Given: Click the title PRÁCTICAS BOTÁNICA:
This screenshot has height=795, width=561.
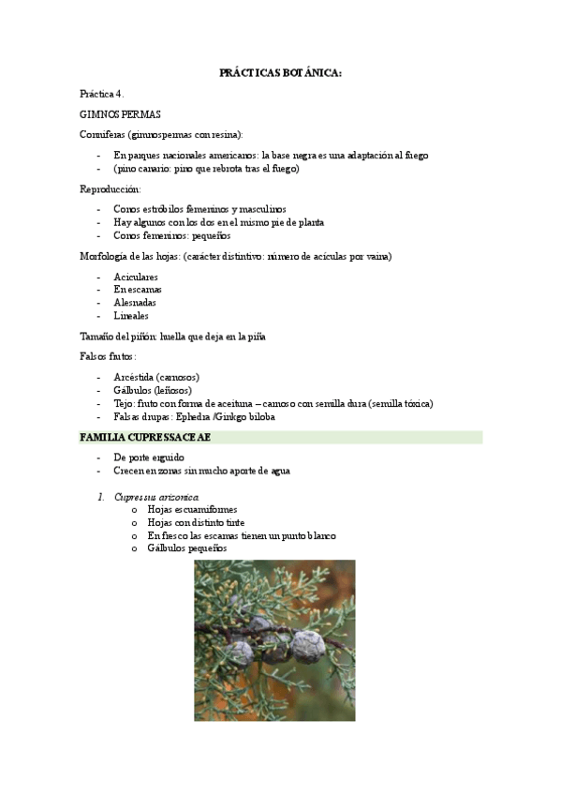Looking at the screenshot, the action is coord(280,72).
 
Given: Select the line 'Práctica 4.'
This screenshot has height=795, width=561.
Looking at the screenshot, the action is coord(102,94).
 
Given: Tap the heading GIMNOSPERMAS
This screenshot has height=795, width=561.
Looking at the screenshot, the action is coord(120,114).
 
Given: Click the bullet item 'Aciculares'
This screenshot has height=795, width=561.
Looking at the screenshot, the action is coord(136,277).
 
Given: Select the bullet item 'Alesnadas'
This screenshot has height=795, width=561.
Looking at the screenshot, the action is coord(135,303).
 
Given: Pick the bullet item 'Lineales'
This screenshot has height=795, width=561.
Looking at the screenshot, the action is coord(131,316).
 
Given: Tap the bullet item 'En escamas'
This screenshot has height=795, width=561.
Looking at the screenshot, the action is coord(137,290).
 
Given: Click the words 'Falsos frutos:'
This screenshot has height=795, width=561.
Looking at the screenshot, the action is coord(108,356).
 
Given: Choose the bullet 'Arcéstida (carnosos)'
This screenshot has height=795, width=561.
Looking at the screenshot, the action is coord(156,377).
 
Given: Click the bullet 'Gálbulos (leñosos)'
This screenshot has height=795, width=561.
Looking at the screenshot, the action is coord(153,390).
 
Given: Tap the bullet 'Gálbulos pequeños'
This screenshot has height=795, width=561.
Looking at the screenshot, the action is coord(187,548).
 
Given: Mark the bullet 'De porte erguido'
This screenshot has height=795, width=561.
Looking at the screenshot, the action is coord(149,457).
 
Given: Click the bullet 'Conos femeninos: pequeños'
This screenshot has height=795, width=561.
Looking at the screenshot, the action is coord(171,235).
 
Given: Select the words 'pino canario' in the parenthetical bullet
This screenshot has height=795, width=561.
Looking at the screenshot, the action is coord(144,169).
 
